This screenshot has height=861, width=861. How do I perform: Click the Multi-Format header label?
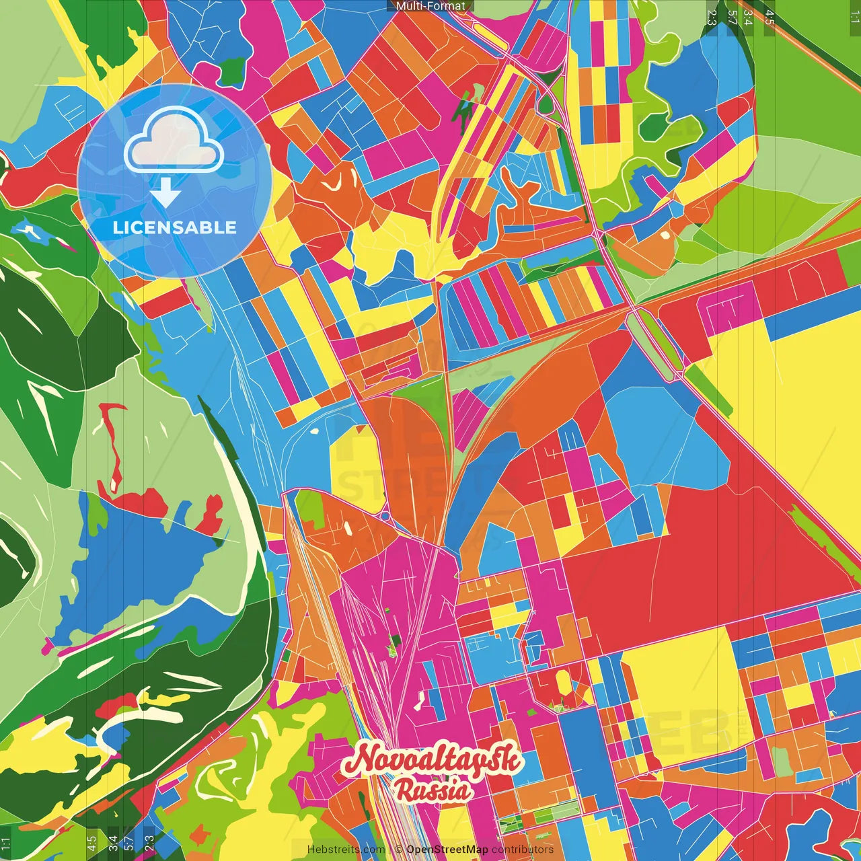[x=430, y=6]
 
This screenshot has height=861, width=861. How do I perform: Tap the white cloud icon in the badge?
[x=174, y=140]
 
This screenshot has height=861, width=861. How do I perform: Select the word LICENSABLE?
[x=174, y=227]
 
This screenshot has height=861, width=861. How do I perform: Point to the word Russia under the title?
[x=433, y=790]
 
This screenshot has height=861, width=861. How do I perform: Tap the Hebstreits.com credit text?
[x=346, y=850]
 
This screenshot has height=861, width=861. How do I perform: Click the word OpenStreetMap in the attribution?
[x=447, y=850]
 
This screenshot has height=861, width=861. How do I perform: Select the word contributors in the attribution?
[x=523, y=850]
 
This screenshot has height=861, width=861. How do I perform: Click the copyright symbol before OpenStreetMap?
[x=398, y=850]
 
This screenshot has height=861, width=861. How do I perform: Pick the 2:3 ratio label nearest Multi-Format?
[x=712, y=17]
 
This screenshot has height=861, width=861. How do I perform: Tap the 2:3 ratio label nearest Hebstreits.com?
[x=149, y=843]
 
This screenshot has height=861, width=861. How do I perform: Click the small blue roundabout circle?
[x=384, y=516]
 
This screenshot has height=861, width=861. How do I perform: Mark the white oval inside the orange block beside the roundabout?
[x=348, y=528]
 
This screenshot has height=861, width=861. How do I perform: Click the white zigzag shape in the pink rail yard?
[x=421, y=700]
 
